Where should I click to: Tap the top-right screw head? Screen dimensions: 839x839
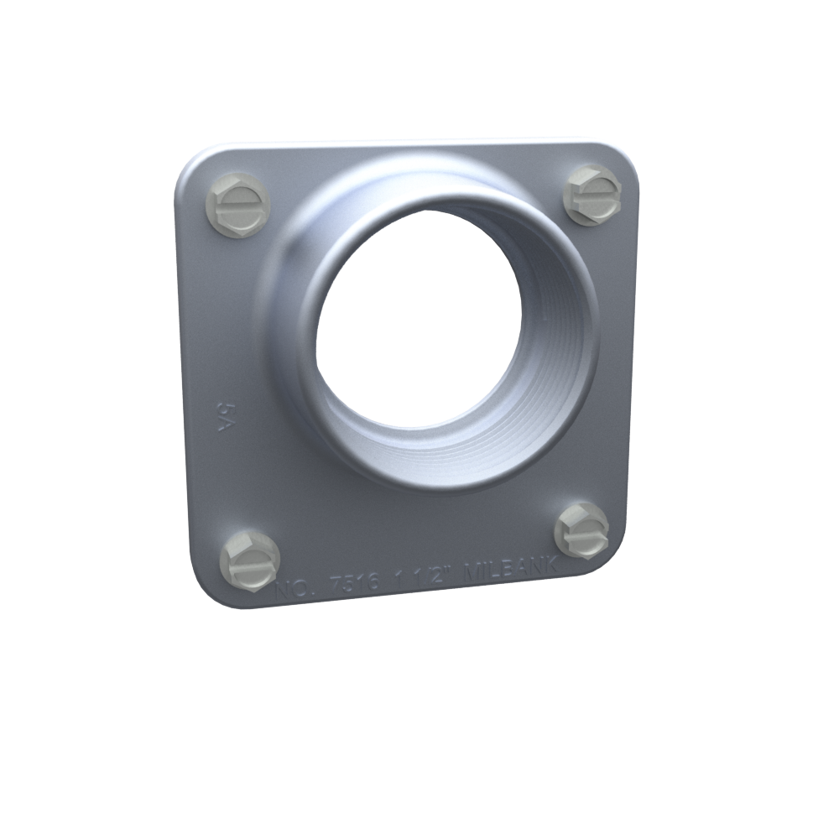tap(592, 195)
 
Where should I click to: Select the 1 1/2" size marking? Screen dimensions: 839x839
tap(427, 576)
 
